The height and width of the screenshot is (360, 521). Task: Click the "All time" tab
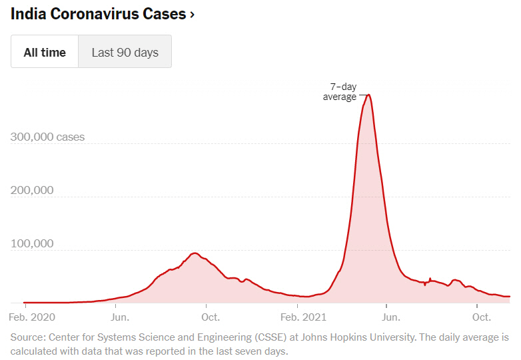tap(45, 52)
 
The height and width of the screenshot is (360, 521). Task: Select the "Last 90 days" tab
tap(125, 52)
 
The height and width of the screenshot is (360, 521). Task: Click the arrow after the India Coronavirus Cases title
tap(192, 14)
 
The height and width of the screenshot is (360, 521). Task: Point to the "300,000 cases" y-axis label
tap(47, 137)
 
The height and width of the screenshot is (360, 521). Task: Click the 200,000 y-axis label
tap(32, 191)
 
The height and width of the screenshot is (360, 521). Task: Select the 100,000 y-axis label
tap(32, 243)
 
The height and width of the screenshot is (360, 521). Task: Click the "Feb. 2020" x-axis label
tap(32, 317)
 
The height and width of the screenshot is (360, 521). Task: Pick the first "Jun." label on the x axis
tap(120, 317)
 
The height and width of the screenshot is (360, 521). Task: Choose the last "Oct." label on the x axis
tap(482, 317)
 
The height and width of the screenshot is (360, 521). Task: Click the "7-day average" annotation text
tap(341, 92)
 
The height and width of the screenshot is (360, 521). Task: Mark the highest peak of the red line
tap(368, 95)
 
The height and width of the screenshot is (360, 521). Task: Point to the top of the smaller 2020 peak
tap(195, 253)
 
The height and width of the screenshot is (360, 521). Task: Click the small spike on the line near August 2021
tap(430, 279)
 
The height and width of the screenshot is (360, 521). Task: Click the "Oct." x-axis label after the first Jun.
tap(211, 317)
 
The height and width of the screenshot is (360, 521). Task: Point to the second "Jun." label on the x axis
tap(391, 317)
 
